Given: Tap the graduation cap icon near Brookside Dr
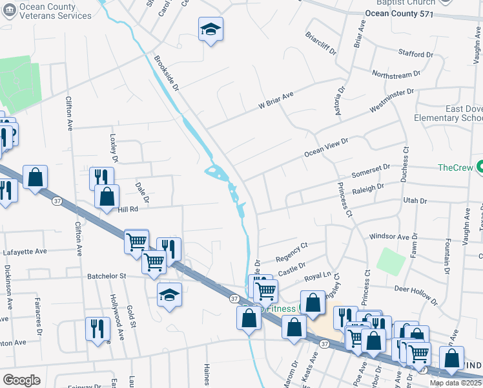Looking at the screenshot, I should pos(210,29).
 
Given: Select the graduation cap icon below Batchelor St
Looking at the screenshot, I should pos(169,295).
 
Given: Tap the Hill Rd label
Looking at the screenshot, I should pos(128,210).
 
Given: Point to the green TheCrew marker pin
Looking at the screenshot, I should pos(478,167).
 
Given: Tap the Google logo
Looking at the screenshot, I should pos(21,380).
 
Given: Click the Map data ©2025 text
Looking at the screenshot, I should pos(455,383).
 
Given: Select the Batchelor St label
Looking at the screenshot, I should pos(107,276).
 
